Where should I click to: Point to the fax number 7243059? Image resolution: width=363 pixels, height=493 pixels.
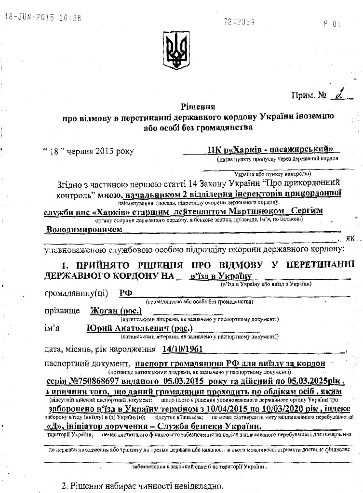tap(239, 22)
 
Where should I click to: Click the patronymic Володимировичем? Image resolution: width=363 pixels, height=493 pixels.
tap(84, 230)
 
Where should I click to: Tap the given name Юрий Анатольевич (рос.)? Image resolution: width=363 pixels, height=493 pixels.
tap(139, 328)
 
